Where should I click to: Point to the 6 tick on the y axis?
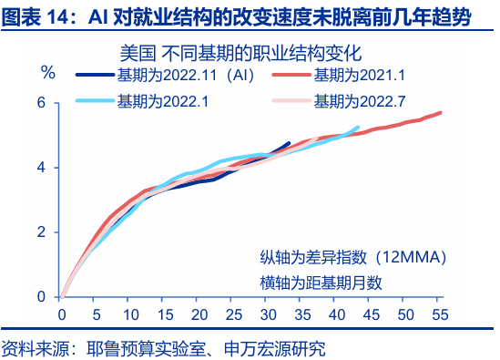40,102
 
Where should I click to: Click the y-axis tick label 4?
40,167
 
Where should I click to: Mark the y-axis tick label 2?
40,231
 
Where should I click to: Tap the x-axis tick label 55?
439,315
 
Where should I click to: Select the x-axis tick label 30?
268,315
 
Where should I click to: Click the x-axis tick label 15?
165,315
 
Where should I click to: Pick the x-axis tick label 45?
371,315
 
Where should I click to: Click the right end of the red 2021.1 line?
441,113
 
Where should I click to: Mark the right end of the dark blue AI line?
289,143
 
